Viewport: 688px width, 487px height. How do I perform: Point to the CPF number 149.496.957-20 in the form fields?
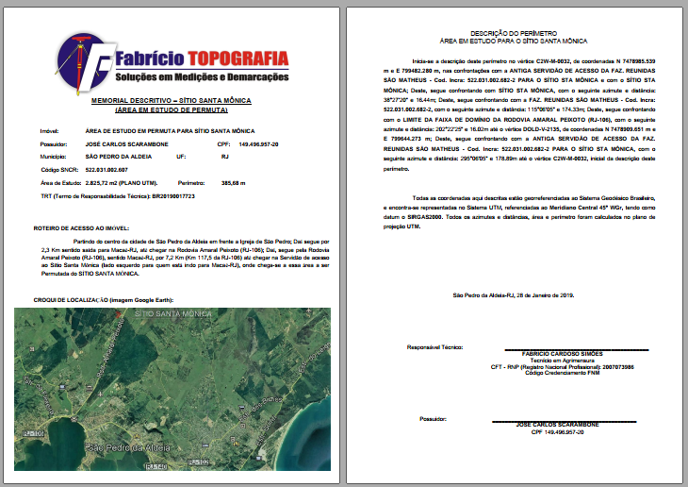(x=266, y=143)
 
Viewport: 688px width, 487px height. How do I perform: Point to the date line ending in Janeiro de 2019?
(x=514, y=295)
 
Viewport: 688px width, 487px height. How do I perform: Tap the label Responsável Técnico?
(x=434, y=346)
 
